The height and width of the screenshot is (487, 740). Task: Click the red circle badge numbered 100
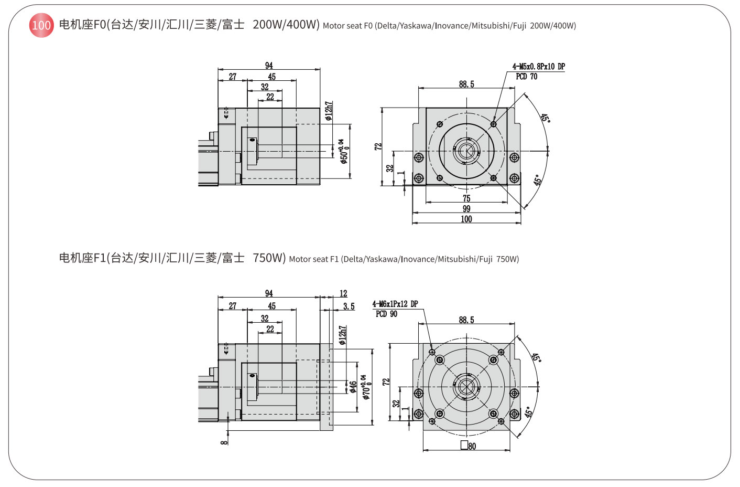click(x=41, y=25)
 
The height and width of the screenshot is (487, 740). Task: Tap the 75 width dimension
click(x=466, y=198)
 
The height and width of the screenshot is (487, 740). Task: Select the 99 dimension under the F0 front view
click(x=466, y=209)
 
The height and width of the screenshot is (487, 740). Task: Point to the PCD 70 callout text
click(x=526, y=77)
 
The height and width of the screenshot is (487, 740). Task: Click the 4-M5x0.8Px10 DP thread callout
click(x=538, y=67)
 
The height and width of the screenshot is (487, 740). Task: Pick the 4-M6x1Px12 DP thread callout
click(x=395, y=304)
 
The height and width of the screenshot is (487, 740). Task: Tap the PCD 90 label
click(x=386, y=314)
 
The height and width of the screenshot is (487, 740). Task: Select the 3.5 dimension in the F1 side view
click(x=349, y=306)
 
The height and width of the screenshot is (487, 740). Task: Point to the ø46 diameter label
click(x=353, y=387)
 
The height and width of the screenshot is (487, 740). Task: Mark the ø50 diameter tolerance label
click(x=344, y=151)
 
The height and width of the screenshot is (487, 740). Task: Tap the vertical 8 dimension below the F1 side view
click(x=224, y=442)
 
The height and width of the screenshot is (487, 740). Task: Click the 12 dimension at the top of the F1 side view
click(x=343, y=294)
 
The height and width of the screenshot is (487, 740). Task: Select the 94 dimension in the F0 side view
click(x=269, y=66)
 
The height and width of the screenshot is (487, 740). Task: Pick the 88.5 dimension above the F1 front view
click(x=466, y=320)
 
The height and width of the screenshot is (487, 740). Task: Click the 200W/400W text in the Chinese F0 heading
click(x=286, y=25)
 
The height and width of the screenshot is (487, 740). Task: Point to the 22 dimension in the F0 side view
click(x=270, y=97)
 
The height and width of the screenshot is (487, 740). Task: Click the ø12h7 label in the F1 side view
click(x=342, y=335)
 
